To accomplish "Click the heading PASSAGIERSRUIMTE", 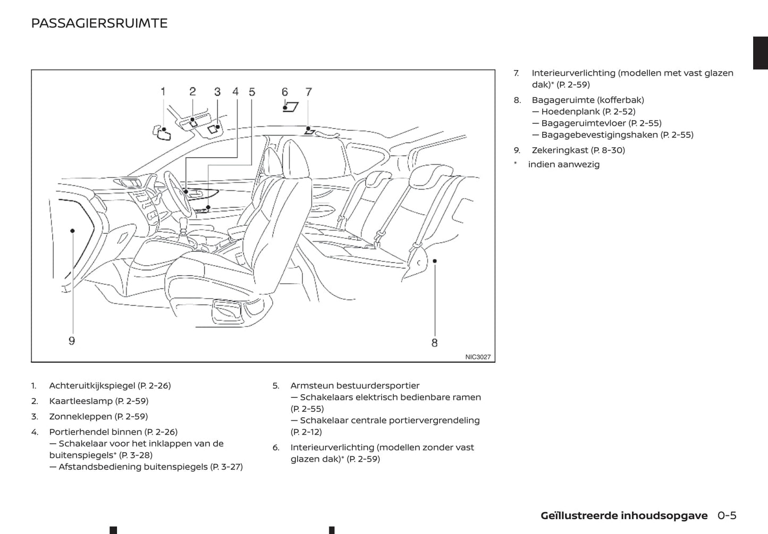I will point(99,23).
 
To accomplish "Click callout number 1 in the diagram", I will point(163,91).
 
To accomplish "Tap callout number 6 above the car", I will point(285,92).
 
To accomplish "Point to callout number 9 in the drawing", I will point(72,341).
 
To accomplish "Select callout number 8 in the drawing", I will point(434,343).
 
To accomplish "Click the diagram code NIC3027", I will point(478,357).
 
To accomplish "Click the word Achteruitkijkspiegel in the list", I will point(92,386).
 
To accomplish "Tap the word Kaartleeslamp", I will point(81,401).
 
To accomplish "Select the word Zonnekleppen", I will point(80,417).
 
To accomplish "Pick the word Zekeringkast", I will point(560,150).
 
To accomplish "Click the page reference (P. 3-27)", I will point(226,467).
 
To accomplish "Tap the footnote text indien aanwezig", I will point(563,165).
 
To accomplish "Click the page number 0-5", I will point(727,515).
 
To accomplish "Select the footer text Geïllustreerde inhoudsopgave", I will point(624,515).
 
